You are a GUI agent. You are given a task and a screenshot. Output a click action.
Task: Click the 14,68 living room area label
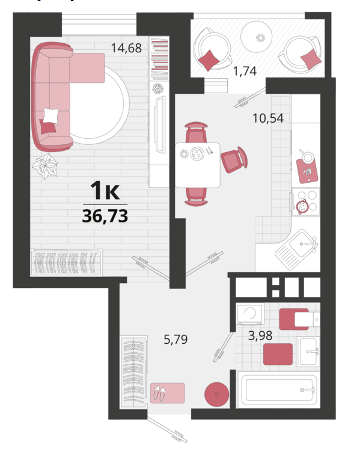click(x=126, y=48)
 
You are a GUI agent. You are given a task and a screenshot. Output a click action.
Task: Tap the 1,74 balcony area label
click(x=245, y=71)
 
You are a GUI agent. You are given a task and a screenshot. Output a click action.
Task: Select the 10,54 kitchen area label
click(x=268, y=118)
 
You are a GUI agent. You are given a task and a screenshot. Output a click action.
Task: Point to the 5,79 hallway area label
click(x=175, y=340)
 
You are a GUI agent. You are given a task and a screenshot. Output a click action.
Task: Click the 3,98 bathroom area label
click(x=260, y=335)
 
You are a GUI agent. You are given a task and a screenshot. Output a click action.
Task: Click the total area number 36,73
click(x=105, y=216)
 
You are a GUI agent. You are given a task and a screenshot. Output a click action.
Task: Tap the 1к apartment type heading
click(x=105, y=191)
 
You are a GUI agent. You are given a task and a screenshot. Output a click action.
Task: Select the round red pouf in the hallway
click(x=217, y=394)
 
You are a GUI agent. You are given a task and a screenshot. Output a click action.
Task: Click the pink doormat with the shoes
click(x=168, y=393)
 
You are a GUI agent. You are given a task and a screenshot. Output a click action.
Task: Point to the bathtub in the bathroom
click(x=277, y=389)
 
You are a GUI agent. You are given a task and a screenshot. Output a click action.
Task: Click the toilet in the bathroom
click(x=299, y=319)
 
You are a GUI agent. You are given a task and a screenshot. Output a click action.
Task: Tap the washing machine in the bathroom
click(x=249, y=314)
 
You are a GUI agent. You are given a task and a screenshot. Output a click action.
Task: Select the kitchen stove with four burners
click(x=306, y=201)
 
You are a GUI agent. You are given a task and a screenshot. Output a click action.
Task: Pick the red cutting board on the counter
click(x=307, y=171)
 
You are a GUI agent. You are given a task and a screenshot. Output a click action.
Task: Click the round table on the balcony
click(x=256, y=37)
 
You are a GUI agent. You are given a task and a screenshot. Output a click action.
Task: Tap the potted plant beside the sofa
click(x=45, y=166)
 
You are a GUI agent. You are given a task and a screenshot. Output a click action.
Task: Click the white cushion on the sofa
click(x=51, y=116)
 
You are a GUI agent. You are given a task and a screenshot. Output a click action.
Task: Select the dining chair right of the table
click(x=234, y=159)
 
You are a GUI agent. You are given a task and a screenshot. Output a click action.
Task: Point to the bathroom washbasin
click(x=308, y=352)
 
